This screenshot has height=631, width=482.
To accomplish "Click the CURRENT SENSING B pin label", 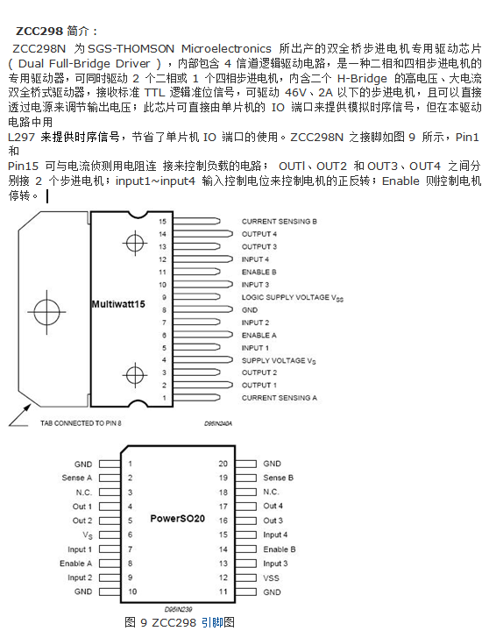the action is click(279, 223).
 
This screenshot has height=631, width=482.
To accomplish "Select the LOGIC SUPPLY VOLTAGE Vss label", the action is click(293, 298).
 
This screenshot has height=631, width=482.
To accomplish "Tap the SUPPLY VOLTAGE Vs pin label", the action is click(280, 360).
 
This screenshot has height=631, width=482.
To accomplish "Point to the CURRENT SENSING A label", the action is click(279, 398).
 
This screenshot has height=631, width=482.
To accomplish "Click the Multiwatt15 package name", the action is click(118, 304).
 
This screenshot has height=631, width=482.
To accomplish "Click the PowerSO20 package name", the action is click(177, 520).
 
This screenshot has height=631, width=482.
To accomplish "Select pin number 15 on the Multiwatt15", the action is click(161, 223).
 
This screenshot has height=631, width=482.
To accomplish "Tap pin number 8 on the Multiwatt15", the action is click(162, 310).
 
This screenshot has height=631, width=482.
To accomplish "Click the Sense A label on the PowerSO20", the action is click(76, 478).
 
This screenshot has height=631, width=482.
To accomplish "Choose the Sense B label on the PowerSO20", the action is click(278, 478).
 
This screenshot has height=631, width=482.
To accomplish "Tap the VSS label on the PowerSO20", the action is click(271, 578).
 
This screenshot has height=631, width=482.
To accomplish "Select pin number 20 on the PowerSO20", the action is click(223, 464).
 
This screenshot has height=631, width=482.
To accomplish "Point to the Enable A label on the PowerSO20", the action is click(76, 564).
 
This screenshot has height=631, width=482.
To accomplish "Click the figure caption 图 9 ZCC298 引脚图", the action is click(181, 621).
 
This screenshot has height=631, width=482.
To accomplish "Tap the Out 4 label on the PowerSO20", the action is click(273, 507).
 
